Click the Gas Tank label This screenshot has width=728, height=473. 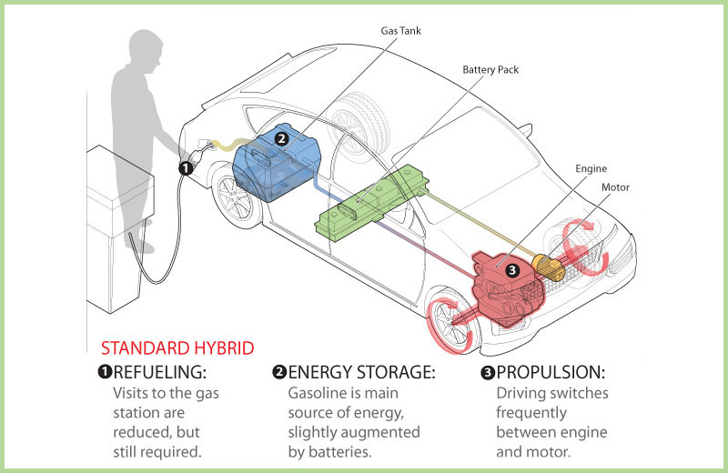point(400,31)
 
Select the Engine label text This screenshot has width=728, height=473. point(591,168)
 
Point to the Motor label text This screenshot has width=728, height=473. point(615,188)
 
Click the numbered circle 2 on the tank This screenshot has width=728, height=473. point(281,138)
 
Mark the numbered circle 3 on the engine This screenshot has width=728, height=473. point(511,270)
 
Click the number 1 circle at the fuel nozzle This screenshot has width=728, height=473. point(185,167)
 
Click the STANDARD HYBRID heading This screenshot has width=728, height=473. point(177,348)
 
